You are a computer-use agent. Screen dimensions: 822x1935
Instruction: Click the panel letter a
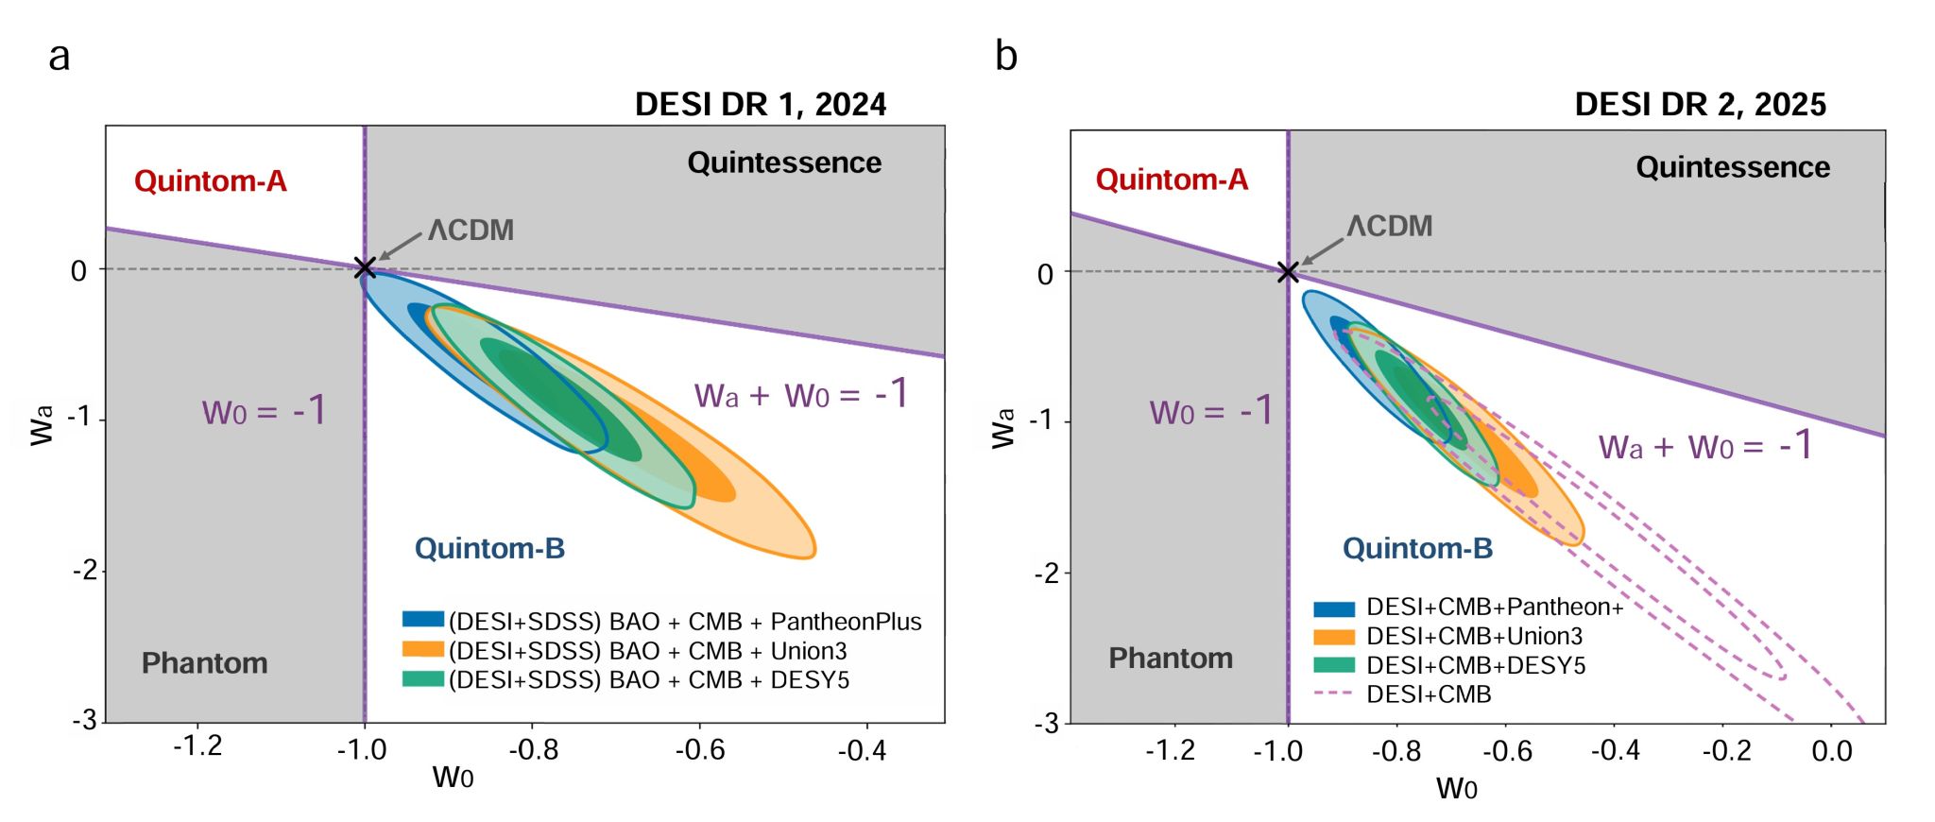(59, 57)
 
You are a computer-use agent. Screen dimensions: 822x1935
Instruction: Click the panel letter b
(1006, 56)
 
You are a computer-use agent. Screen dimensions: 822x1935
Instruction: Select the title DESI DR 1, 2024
(760, 104)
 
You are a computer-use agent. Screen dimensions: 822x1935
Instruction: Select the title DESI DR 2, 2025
(1700, 104)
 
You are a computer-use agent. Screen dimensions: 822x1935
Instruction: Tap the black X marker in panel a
(365, 268)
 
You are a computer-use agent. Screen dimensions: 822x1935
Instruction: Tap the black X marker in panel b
(1288, 273)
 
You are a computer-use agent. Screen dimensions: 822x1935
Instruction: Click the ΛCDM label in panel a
(471, 231)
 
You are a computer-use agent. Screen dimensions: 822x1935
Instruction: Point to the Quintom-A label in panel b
(1172, 180)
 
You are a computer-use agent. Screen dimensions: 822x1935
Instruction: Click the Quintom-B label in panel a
(489, 549)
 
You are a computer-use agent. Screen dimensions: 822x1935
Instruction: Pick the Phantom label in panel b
(1171, 659)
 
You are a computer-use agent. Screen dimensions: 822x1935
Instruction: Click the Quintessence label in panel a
(784, 163)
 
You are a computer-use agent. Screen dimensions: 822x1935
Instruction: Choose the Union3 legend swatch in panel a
(423, 650)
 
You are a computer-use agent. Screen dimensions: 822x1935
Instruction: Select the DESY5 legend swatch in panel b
(1334, 665)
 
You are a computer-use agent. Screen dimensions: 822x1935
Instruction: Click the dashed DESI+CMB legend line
(1334, 694)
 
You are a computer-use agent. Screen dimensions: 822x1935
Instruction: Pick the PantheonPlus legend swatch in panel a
(423, 620)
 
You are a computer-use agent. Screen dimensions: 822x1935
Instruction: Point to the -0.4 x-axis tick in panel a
(862, 750)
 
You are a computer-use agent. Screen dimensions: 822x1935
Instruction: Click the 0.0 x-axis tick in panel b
(1831, 752)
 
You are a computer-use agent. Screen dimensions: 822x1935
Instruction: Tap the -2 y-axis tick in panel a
(85, 570)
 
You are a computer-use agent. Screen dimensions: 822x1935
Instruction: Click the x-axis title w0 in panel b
(1456, 788)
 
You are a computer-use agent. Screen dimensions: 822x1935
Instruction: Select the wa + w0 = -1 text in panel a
(801, 394)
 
